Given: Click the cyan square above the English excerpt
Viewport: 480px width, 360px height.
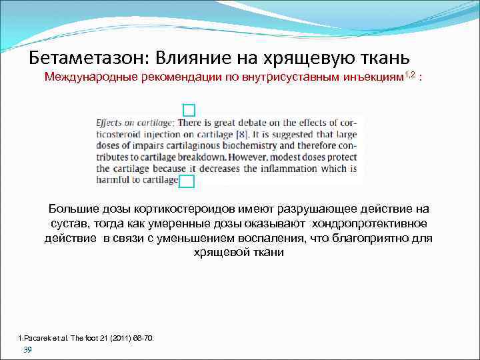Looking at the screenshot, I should pos(189,110).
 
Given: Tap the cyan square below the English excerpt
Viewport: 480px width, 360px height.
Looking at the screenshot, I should pos(187,181).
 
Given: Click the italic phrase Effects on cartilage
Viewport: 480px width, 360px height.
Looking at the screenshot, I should pos(135,123).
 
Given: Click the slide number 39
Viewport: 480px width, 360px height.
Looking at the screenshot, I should pos(27,350).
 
